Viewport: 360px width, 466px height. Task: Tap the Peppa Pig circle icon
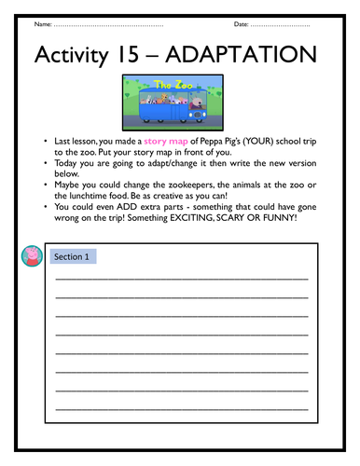click(x=28, y=257)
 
